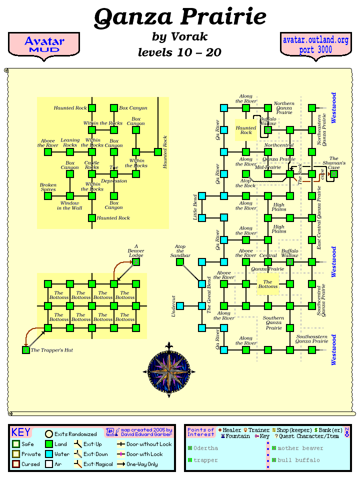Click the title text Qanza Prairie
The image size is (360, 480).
coord(180,17)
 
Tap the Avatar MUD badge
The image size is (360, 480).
coord(44,44)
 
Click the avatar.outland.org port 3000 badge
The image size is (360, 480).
coord(315,44)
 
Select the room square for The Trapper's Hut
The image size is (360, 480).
coord(26,350)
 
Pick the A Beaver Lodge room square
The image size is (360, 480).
coord(136,262)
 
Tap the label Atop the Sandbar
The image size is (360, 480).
coord(180,251)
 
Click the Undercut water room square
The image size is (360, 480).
coord(180,306)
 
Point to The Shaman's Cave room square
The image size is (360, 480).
coord(334,174)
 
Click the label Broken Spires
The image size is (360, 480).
coord(48,186)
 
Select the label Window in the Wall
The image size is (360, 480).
coord(69,205)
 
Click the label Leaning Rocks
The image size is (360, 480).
coord(70,142)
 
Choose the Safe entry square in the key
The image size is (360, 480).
coord(16,444)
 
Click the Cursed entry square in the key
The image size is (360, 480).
coord(16,464)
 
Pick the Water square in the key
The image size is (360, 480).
coord(49,454)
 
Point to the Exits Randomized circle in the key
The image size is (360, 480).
coord(49,434)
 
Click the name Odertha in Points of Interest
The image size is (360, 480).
coord(205,448)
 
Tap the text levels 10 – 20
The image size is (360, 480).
coord(179,52)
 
